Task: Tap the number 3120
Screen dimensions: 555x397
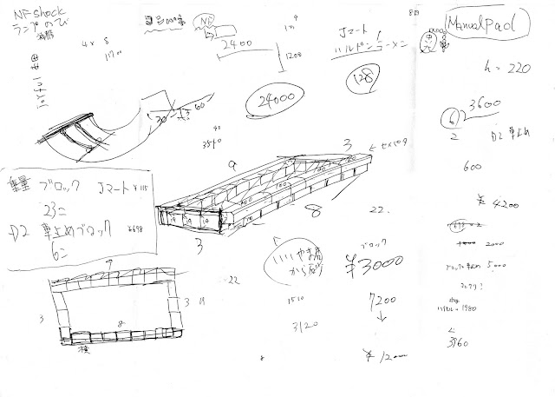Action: tap(302, 328)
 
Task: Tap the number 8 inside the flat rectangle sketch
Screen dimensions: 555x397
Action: tap(121, 321)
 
